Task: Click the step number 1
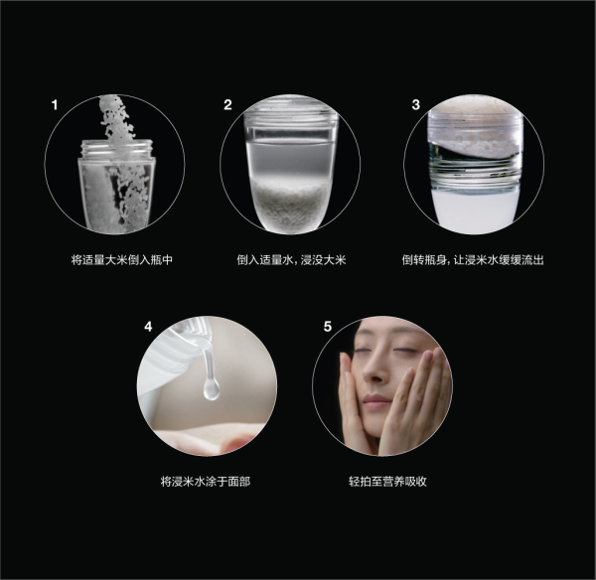click(x=56, y=104)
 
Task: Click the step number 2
click(x=227, y=104)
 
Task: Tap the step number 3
click(x=416, y=104)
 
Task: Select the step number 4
click(x=148, y=326)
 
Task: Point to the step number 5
click(x=328, y=326)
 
